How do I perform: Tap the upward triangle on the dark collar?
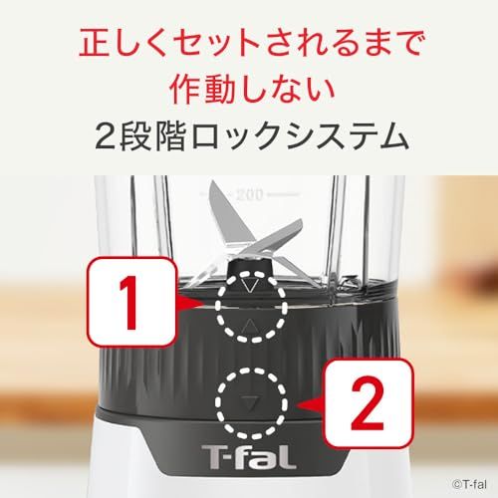[249, 326]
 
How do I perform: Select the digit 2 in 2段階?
[103, 135]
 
